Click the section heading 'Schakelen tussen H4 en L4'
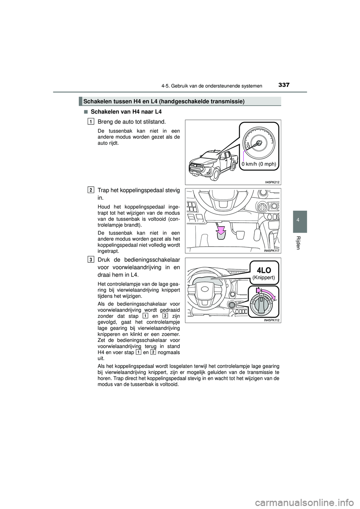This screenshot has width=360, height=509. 164,101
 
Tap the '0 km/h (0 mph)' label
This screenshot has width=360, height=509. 259,164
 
